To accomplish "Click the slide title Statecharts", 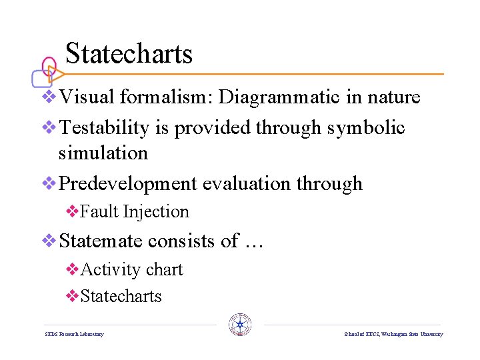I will coord(129,53).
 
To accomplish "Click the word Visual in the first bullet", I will coord(87,97).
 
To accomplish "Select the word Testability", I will coord(104,127).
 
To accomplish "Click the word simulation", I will coord(103,153).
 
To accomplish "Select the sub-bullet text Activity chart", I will coord(131,269).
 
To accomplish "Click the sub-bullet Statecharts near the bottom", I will coord(121,296).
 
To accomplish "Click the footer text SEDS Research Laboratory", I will coord(74,334).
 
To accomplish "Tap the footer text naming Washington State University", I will coord(393,334).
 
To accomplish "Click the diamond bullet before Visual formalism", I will coord(49,97).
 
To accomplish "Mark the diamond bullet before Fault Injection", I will coord(73,211).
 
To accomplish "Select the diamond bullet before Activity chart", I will coord(73,269).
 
